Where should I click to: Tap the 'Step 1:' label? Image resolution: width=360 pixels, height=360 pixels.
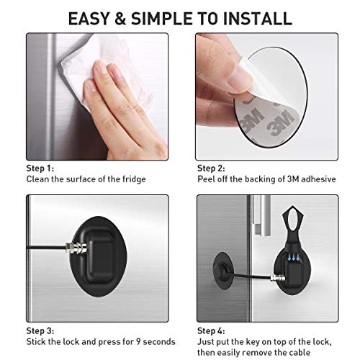[42, 167]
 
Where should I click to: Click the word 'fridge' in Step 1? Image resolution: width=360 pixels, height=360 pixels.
[132, 178]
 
